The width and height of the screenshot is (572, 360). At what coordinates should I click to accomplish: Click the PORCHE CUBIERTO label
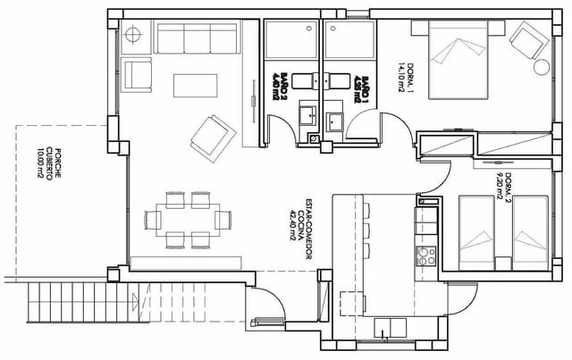pyautogui.click(x=49, y=163)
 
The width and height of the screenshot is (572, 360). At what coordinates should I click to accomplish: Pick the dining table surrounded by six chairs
pyautogui.click(x=189, y=218)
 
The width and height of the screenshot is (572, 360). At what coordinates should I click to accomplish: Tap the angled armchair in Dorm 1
pyautogui.click(x=526, y=39)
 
